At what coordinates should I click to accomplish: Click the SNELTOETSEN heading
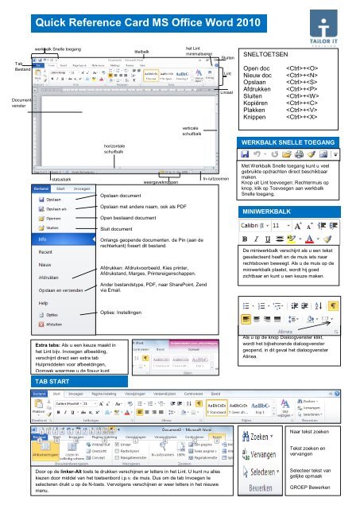pos(273,56)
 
